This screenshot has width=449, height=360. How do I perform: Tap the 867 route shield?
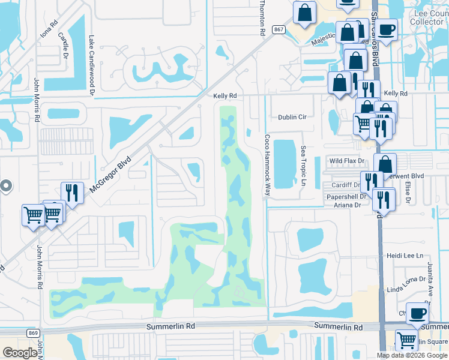(x=278, y=29)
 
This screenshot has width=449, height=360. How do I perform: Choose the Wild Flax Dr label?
(x=347, y=161)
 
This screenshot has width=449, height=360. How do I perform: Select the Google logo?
(x=20, y=352)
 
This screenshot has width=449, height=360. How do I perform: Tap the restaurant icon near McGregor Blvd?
(x=72, y=193)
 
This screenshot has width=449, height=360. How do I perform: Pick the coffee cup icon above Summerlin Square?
(x=417, y=313)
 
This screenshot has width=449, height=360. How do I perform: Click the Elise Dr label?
(x=407, y=193)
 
